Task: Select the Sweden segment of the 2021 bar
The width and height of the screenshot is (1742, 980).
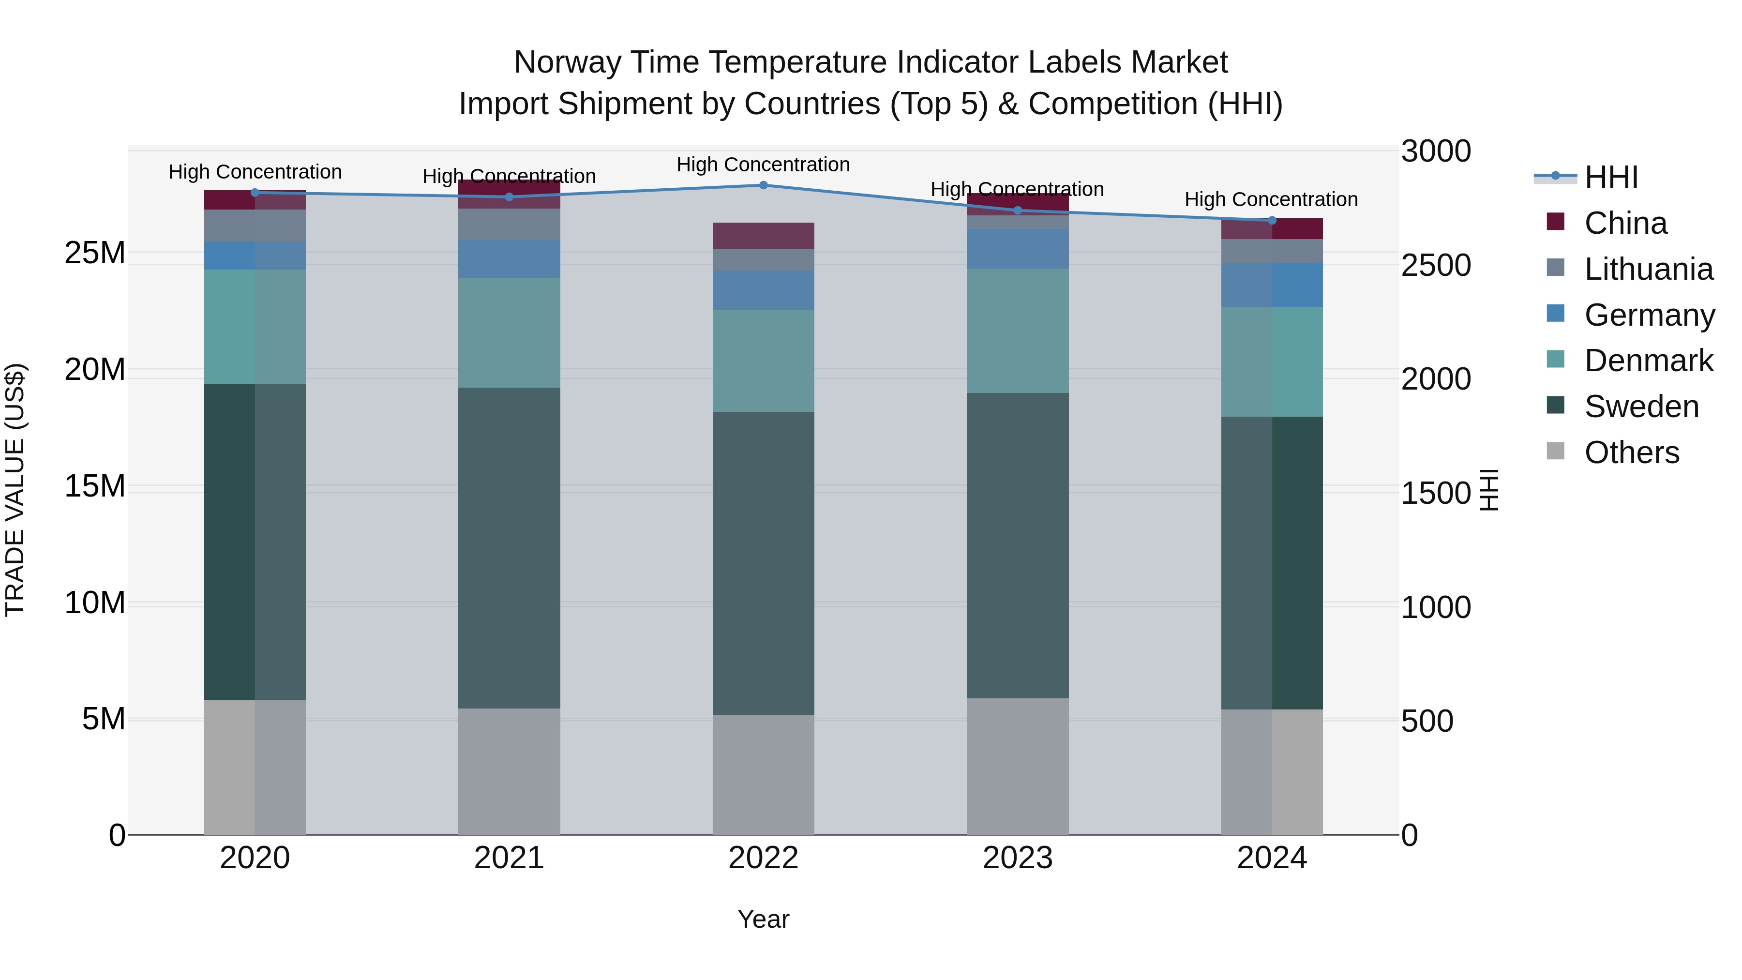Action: coord(509,548)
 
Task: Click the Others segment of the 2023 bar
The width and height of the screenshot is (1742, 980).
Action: coord(1017,766)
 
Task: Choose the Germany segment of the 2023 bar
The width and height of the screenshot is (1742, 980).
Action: coord(1017,249)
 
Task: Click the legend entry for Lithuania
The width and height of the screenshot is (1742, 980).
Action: coord(1648,269)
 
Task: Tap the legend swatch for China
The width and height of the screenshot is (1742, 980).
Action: coord(1555,222)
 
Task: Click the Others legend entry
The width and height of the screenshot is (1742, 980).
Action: coord(1631,452)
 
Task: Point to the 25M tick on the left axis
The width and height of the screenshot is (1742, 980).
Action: coord(95,253)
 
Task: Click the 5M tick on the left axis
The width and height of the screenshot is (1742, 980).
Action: coord(103,719)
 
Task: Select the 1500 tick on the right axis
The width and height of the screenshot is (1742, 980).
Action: coord(1435,493)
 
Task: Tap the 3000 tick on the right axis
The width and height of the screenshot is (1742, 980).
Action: coord(1435,151)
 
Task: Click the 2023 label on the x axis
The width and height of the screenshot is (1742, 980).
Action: coord(1017,858)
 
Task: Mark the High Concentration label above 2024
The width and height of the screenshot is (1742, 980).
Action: coord(1271,199)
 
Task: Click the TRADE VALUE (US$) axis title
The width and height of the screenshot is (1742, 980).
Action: coord(15,490)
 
